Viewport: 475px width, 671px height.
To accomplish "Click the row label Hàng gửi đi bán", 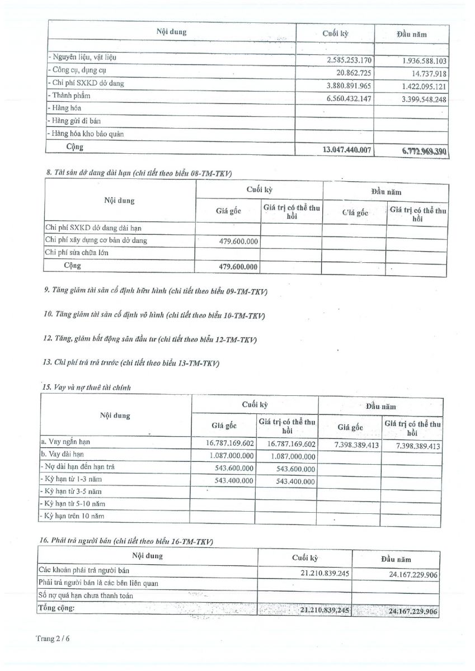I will (75, 121).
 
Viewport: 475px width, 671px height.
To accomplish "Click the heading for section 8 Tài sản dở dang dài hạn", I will (138, 173).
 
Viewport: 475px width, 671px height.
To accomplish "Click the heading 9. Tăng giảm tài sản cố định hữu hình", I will (156, 291).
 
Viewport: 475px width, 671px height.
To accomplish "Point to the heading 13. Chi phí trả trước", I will (131, 363).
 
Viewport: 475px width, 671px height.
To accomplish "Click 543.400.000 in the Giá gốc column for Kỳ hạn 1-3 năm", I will (234, 480).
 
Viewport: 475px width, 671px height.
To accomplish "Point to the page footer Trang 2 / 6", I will (54, 638).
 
